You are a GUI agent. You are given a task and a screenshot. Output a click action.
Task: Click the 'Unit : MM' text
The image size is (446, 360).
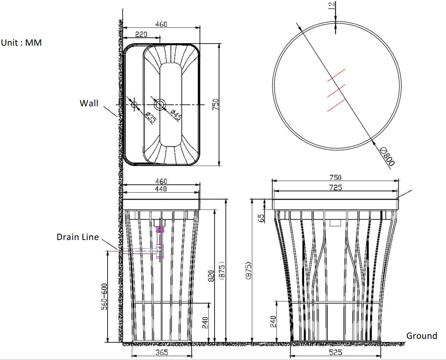coord(21,43)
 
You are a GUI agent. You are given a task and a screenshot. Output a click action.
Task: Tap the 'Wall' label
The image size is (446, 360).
coord(89,103)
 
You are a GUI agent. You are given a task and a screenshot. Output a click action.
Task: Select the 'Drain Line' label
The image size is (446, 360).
coord(78,237)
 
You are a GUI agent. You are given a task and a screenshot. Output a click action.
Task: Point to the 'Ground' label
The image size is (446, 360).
coord(422,336)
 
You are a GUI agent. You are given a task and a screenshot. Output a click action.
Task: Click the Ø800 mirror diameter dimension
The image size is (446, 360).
coord(388,156)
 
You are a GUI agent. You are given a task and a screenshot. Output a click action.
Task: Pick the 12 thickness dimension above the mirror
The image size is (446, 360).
coord(332,5)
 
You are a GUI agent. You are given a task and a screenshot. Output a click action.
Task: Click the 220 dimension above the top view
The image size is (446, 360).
coord(141,34)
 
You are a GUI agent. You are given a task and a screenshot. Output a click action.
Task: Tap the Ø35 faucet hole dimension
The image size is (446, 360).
coord(151,117)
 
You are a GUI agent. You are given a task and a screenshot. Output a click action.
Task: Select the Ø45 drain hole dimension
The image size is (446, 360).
coord(175,115)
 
